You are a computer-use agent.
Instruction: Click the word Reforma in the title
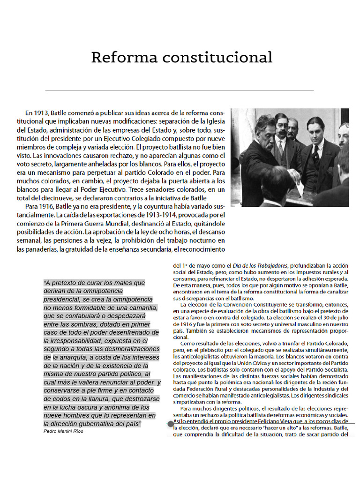[x=124, y=58]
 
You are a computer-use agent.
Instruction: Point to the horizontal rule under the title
[x=180, y=90]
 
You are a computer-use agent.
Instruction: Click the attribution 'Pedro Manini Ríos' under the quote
[x=63, y=431]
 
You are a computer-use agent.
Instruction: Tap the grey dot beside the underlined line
[x=171, y=424]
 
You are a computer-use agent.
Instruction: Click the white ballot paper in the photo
[x=300, y=188]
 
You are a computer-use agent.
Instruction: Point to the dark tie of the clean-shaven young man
[x=315, y=152]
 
